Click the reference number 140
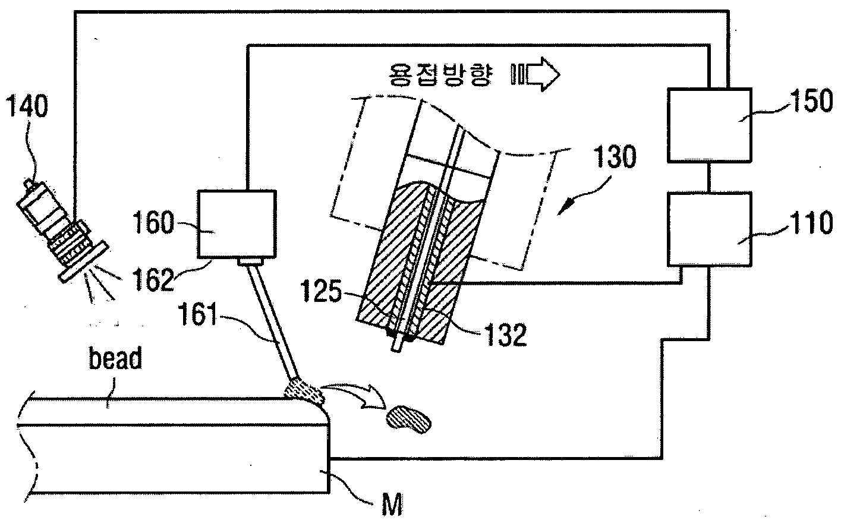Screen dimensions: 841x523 pos(27,106)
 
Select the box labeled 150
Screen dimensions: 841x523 pos(709,125)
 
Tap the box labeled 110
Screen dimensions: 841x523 pos(709,229)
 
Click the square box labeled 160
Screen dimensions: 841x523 pos(237,224)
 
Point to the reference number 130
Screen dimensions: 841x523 pos(615,156)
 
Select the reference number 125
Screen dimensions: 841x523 pos(322,291)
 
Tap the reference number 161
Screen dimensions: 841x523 pos(198,314)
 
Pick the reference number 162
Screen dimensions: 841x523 pos(153,279)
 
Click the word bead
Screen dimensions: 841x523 pos(115,358)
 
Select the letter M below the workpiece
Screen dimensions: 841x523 pos(392,505)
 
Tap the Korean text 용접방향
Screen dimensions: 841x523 pos(439,74)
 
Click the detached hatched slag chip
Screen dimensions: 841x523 pos(409,420)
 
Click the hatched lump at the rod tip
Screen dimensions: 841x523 pos(305,392)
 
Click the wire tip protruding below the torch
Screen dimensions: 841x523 pos(396,344)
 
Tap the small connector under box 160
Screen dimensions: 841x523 pos(250,261)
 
